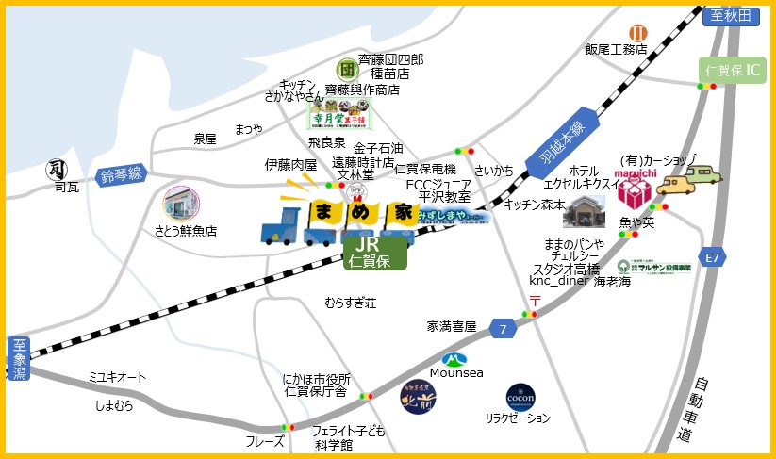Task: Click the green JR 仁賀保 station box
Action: tap(374, 253)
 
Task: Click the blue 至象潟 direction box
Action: tap(16, 359)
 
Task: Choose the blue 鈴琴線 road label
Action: tap(122, 174)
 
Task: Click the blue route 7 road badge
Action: tap(504, 329)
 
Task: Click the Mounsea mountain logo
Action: tap(455, 359)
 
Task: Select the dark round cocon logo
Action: tap(520, 396)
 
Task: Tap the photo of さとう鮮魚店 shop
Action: tap(184, 205)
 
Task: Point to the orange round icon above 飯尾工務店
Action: tap(637, 34)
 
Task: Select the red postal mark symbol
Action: tap(534, 301)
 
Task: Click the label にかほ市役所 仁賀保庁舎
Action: tap(316, 385)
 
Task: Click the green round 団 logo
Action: tap(346, 69)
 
